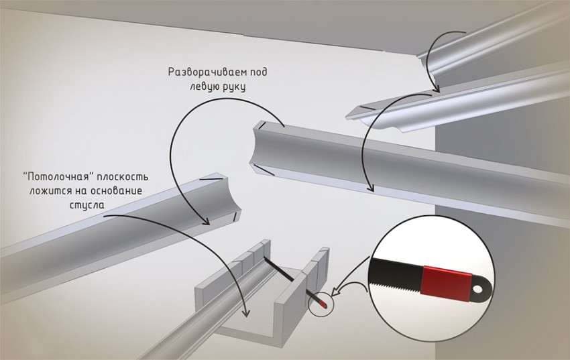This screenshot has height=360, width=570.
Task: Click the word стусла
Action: (84, 204)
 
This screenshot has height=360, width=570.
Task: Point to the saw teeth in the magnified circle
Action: (395, 289)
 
